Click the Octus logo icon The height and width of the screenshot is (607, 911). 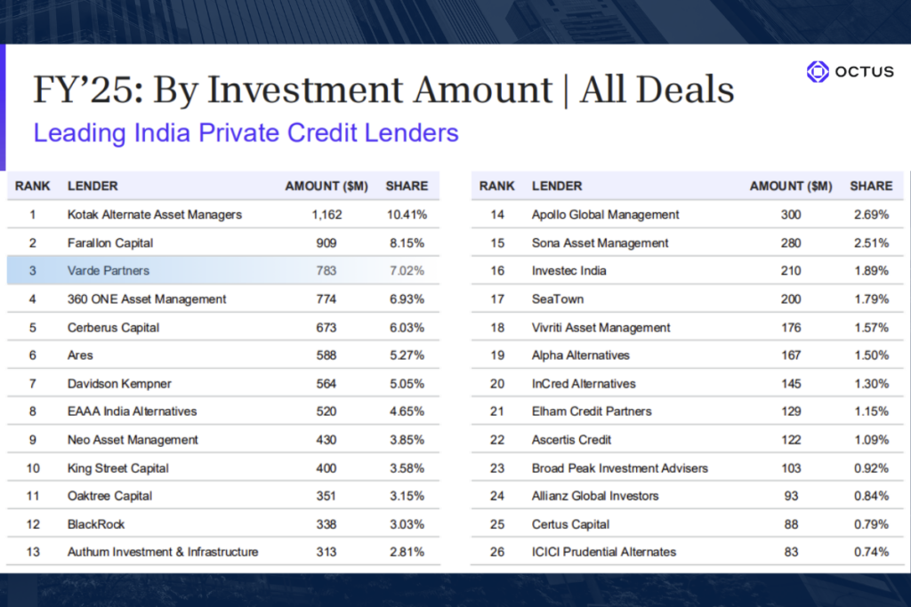coord(817,72)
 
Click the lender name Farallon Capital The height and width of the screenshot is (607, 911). coord(110,243)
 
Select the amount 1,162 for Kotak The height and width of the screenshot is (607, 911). coord(327,214)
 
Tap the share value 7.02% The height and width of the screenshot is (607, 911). coord(406,270)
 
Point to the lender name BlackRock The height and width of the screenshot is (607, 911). coord(96,524)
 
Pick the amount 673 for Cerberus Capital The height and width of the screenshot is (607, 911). coord(327,327)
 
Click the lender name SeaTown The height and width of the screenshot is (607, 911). coord(557,299)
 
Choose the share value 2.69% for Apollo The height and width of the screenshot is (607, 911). coord(870,214)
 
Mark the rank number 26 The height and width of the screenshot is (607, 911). coord(497,552)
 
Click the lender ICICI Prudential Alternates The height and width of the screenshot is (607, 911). coord(604,552)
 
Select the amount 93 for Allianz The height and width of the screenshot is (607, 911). coord(791,496)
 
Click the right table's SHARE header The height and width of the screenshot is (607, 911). coord(871,187)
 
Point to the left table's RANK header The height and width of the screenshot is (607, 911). coord(33,187)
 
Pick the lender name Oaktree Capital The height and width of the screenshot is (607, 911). coord(109,496)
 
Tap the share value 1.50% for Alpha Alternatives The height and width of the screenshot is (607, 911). coord(870,355)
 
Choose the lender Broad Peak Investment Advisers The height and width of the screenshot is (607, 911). coord(619,467)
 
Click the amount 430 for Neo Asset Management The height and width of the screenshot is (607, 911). coord(327,440)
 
